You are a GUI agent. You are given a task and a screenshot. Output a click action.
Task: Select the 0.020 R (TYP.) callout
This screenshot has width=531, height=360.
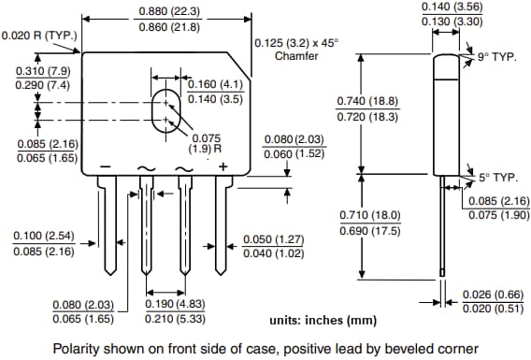click(x=38, y=36)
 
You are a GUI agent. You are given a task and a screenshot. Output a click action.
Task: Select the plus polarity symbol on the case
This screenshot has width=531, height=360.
click(x=224, y=166)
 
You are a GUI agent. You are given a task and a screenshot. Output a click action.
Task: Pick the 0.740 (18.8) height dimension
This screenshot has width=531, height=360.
click(x=367, y=101)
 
